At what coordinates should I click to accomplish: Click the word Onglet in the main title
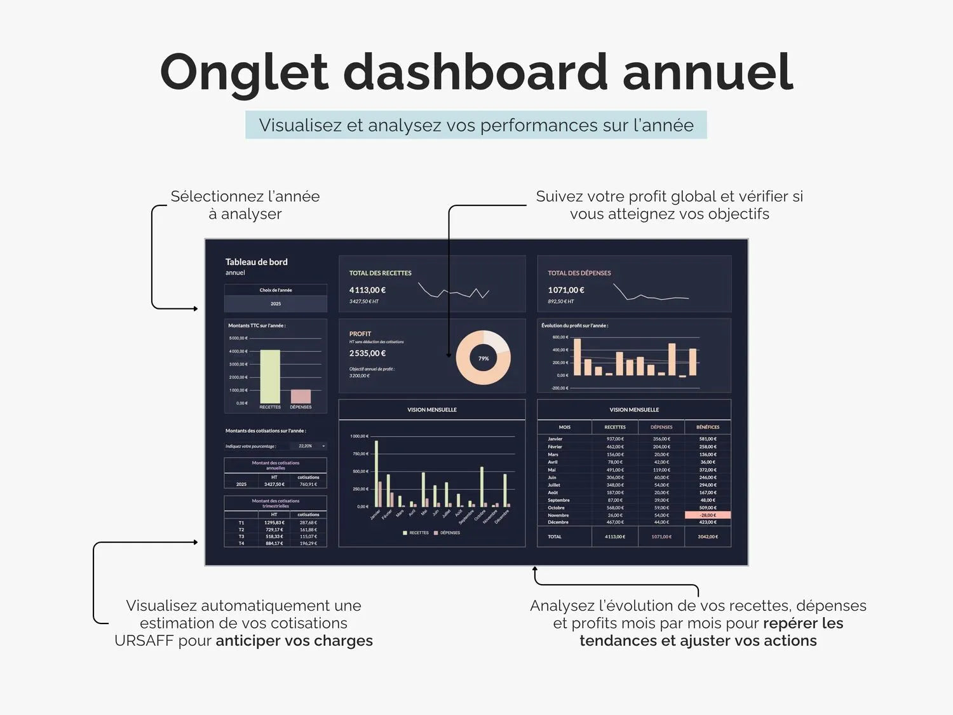(x=244, y=72)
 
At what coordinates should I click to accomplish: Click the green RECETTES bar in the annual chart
(x=270, y=376)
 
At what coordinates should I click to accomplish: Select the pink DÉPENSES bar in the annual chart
(x=301, y=396)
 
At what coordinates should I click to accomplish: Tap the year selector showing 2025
(x=276, y=304)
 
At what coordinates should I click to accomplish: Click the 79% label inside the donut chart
(x=483, y=358)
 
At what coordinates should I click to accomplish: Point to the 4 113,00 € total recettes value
(x=367, y=290)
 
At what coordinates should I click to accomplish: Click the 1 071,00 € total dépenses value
(x=566, y=290)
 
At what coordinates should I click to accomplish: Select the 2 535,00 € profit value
(x=367, y=353)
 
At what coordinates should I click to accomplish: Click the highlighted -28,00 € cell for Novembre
(x=708, y=515)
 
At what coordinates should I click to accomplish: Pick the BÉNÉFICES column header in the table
(x=708, y=427)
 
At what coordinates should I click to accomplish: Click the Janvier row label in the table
(x=555, y=439)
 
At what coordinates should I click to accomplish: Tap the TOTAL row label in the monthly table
(x=555, y=537)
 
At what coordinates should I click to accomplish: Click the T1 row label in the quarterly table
(x=241, y=522)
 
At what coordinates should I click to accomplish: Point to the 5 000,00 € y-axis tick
(x=238, y=338)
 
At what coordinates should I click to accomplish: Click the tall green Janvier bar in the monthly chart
(x=376, y=473)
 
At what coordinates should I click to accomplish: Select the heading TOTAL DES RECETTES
(x=380, y=273)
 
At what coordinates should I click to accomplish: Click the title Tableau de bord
(x=256, y=262)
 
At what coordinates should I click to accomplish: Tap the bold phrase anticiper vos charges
(x=294, y=641)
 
